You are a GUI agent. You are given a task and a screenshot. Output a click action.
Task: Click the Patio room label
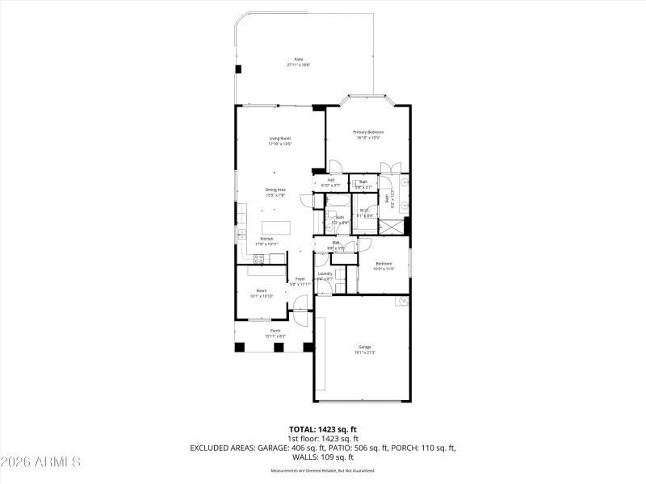click(x=299, y=61)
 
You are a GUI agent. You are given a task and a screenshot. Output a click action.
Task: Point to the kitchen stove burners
click(x=260, y=259)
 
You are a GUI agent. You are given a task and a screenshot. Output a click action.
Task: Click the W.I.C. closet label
click(x=365, y=213)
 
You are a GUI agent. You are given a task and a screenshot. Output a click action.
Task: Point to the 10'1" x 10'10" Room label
click(x=262, y=293)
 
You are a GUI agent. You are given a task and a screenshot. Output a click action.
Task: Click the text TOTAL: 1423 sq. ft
click(x=322, y=429)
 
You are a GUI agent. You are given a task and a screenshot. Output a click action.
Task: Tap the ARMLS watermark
click(x=40, y=462)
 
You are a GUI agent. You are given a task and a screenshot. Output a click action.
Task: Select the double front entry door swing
click(x=300, y=305)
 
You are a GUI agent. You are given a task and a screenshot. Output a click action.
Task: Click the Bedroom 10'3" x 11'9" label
click(x=384, y=266)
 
